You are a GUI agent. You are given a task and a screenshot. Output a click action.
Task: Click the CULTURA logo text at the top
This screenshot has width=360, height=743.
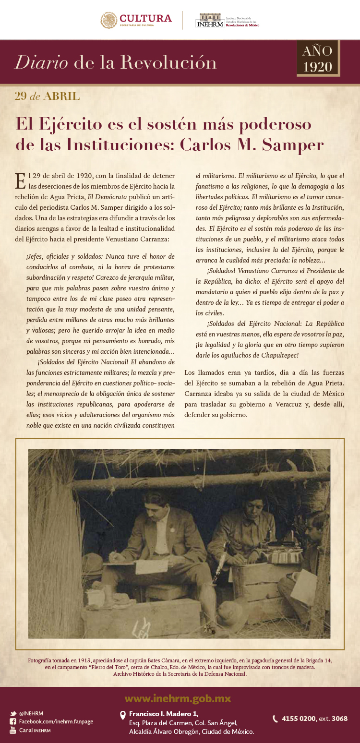click(x=145, y=18)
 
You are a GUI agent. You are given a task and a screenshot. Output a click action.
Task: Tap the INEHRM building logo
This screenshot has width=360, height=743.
click(x=209, y=20)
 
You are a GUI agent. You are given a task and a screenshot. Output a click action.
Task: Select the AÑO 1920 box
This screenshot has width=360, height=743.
click(x=318, y=59)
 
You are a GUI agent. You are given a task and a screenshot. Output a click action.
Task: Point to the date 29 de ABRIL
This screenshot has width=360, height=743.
click(x=47, y=96)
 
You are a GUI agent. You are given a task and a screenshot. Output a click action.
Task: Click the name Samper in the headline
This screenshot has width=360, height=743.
click(x=293, y=144)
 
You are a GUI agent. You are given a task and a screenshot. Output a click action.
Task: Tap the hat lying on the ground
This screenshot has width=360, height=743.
click(x=233, y=615)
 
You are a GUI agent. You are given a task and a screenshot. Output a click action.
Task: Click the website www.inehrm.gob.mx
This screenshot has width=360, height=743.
click(x=178, y=698)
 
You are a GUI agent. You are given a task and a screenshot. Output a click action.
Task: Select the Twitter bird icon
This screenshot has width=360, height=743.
click(x=13, y=713)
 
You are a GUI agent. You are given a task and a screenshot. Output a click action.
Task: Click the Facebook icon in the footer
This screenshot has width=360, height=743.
click(x=13, y=721)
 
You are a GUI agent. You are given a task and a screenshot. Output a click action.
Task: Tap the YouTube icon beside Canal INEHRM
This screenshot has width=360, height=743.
click(x=13, y=730)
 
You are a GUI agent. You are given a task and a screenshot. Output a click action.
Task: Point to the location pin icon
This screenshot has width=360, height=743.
click(x=123, y=715)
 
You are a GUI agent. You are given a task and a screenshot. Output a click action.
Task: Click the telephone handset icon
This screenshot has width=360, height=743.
click(x=275, y=719)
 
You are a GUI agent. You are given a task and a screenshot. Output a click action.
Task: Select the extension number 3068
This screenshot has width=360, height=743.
click(x=339, y=719)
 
